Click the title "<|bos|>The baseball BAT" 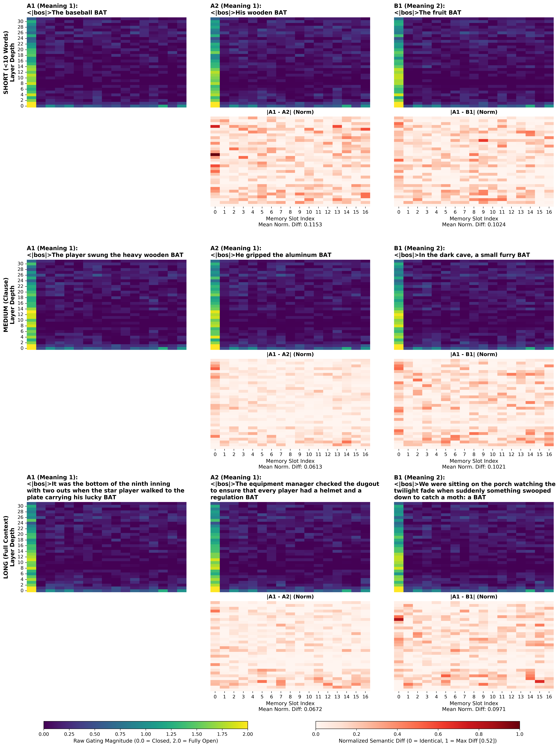(x=67, y=13)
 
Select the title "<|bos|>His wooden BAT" (x=249, y=13)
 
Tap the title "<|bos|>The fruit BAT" (x=427, y=13)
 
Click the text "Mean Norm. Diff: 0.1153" (x=290, y=225)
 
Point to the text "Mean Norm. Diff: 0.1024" (x=474, y=225)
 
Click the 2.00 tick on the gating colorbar (x=248, y=734)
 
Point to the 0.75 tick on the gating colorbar (x=120, y=734)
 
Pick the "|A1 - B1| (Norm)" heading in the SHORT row (x=474, y=112)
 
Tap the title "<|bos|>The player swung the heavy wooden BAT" (x=105, y=255)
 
